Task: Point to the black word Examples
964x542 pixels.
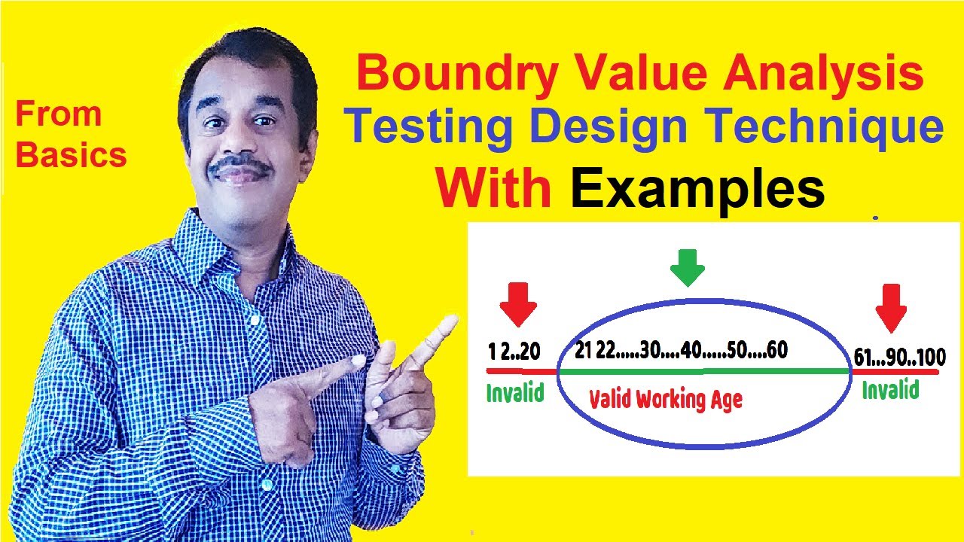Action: pos(697,188)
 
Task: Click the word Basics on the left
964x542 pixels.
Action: pos(71,154)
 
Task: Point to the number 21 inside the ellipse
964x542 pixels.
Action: pos(582,352)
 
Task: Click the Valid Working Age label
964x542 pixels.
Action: pos(665,399)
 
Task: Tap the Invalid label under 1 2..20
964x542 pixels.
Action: pos(515,392)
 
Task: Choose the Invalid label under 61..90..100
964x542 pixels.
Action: pos(890,390)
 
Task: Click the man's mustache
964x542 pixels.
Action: pos(240,167)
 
